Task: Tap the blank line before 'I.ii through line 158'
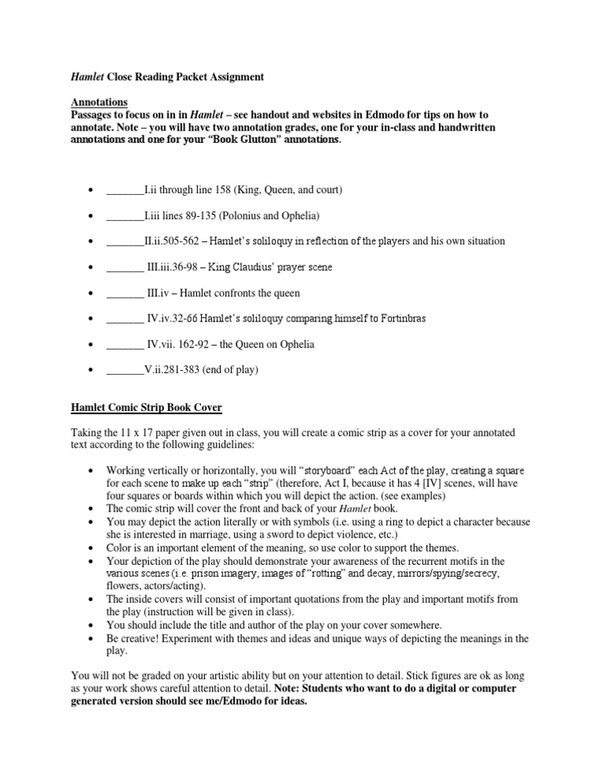tap(125, 189)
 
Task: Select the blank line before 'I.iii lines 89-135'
tap(125, 215)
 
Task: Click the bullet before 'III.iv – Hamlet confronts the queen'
tap(91, 293)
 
